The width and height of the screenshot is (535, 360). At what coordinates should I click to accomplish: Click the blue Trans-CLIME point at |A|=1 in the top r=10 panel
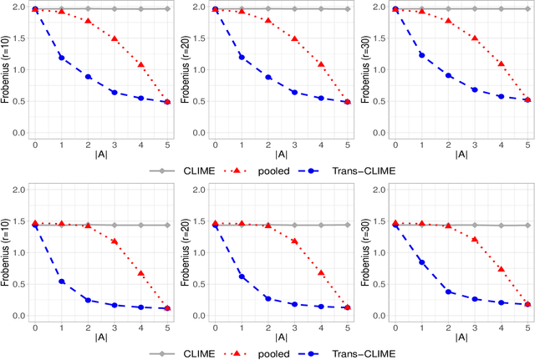coord(61,58)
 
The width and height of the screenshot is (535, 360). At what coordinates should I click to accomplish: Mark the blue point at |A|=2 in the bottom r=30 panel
coord(449,292)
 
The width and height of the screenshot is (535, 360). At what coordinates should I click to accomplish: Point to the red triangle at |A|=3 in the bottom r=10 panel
coord(115,241)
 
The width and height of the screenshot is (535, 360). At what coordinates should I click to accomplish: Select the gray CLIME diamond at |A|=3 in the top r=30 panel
coord(475,8)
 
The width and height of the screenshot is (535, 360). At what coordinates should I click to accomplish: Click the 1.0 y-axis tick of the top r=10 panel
coord(19,70)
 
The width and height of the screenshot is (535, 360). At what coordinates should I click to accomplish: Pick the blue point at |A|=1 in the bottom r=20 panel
coord(241,276)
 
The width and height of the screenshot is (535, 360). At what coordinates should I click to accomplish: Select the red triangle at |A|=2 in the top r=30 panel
coord(449,21)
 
